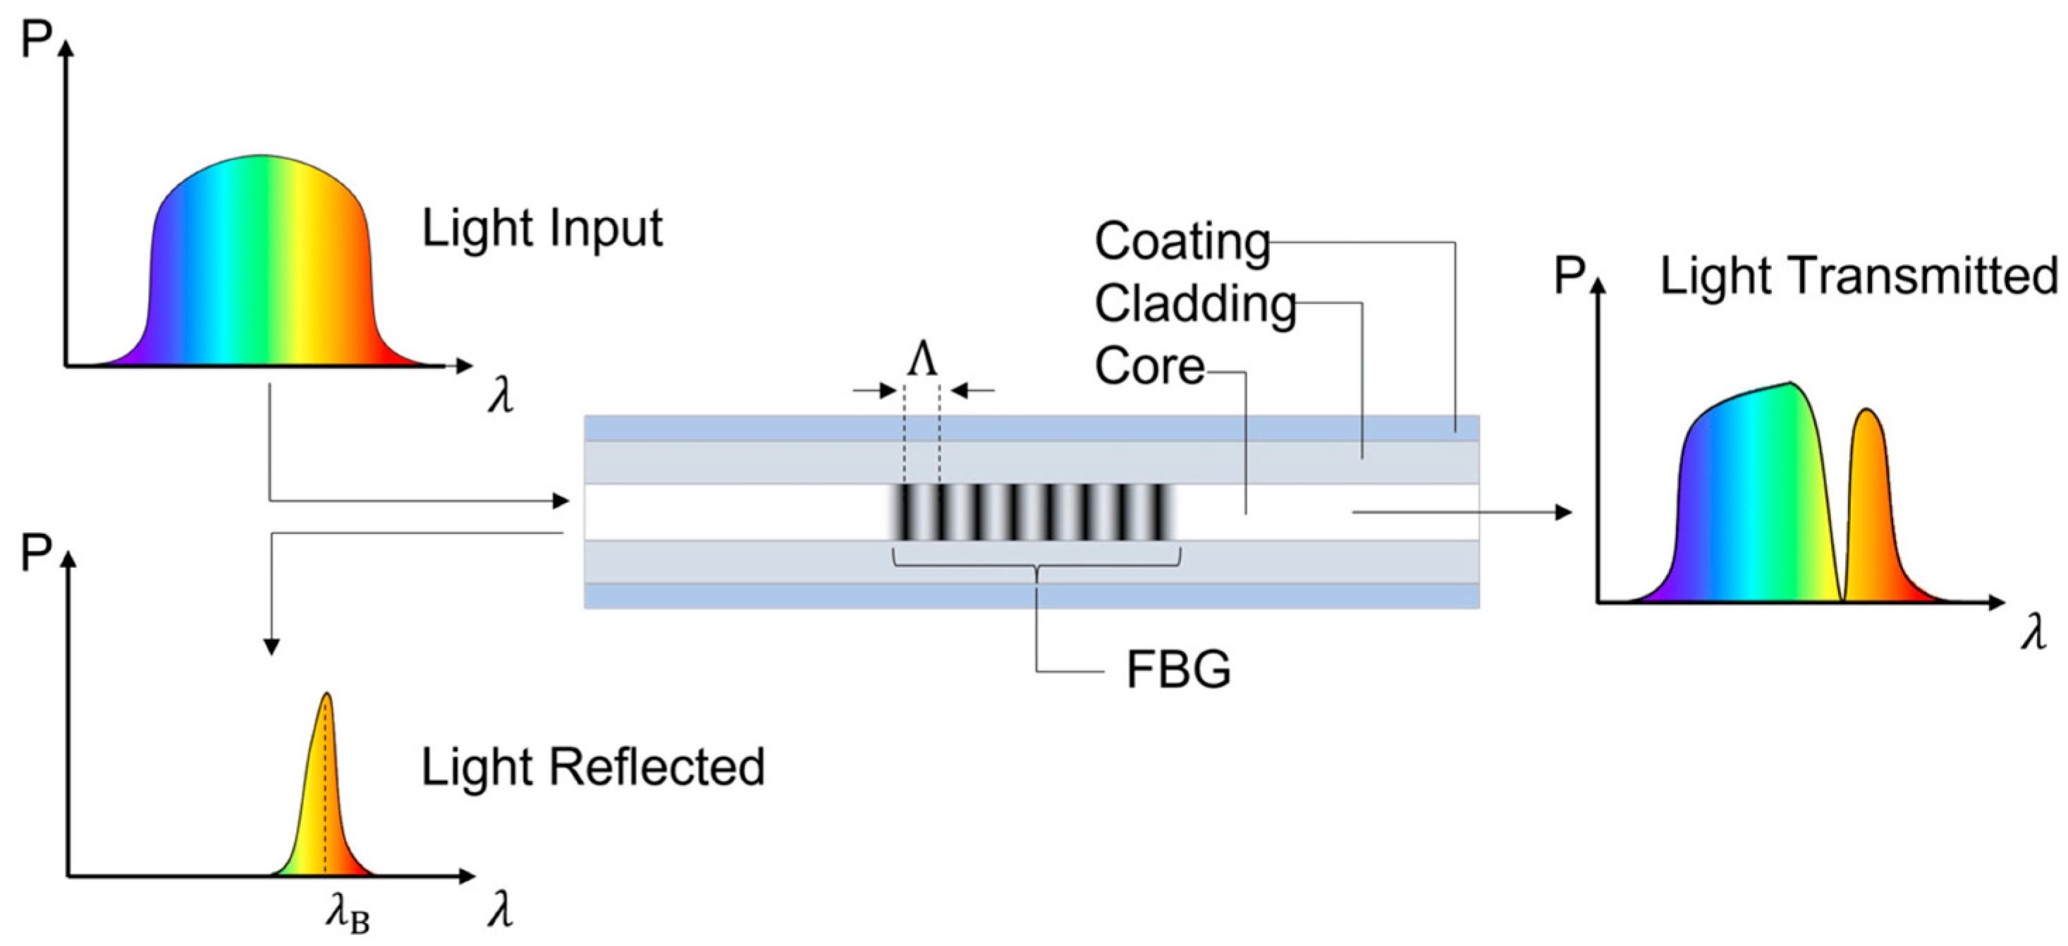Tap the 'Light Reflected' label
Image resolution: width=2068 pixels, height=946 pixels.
592,767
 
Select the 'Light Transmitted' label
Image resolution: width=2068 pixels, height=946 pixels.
1859,277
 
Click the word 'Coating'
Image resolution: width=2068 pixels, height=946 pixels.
1182,241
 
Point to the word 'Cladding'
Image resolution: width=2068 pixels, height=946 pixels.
1195,304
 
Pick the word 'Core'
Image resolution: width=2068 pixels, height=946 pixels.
1149,367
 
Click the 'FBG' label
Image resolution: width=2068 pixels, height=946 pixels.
1177,669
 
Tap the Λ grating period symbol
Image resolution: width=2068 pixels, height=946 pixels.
922,360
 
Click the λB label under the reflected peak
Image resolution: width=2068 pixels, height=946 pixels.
348,915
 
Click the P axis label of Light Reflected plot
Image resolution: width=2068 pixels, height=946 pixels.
36,553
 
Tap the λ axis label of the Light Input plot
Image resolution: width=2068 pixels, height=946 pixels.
500,396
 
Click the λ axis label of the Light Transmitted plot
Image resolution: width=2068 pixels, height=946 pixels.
2033,632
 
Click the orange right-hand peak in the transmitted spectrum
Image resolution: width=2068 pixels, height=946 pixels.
1870,498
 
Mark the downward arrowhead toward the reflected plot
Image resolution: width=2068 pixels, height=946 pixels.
271,646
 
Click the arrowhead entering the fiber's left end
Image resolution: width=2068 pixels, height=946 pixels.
561,501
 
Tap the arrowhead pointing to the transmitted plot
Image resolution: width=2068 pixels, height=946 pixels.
1563,511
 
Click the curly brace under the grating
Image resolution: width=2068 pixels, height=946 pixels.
1036,563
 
